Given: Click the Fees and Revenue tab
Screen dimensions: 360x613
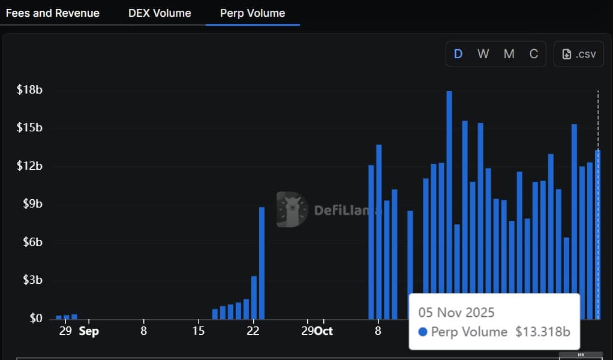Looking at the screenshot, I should coord(52,13).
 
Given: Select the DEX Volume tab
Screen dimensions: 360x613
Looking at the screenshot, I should coord(160,13).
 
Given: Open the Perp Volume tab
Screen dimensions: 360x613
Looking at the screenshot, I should coord(253,13).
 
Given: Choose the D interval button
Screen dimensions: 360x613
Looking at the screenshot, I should coord(458,54).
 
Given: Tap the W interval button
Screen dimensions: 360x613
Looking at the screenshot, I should coord(483,54).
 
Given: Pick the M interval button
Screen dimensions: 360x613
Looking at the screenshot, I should coord(509,54).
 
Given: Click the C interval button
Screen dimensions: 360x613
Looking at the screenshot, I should coord(533,54).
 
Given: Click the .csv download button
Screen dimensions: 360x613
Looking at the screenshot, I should coord(579,54).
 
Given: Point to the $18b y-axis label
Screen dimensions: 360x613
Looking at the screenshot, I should coord(29,90).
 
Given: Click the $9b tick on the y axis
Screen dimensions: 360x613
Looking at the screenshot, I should coord(32,204).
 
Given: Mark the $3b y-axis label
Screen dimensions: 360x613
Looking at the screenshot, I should coord(32,280).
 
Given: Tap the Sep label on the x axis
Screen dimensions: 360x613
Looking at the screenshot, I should coord(89,331).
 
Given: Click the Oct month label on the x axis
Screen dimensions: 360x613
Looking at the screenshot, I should coord(324,331).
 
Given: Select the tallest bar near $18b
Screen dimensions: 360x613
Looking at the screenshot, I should coord(449,204).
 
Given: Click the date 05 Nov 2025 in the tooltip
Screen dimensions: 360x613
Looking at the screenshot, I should coord(457,312).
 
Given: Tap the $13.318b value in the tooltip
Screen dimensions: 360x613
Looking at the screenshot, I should coord(542,332).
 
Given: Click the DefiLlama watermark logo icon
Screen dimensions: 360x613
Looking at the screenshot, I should coord(292,209).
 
